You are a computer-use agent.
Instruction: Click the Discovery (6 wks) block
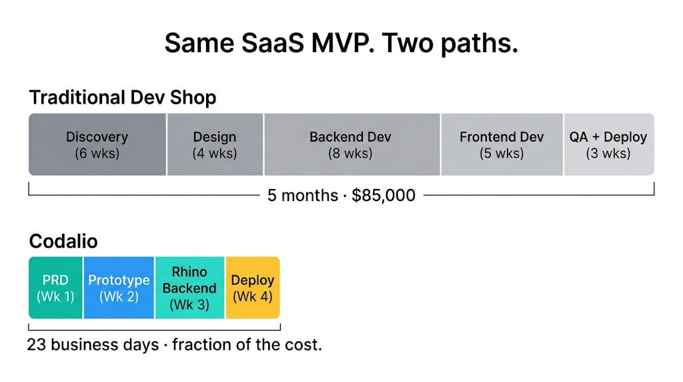coord(97,144)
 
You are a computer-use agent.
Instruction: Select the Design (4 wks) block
coord(215,144)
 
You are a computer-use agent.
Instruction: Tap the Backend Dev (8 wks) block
coord(352,144)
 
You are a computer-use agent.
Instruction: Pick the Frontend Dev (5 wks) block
coord(502,144)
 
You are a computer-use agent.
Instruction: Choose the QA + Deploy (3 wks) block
coord(609,144)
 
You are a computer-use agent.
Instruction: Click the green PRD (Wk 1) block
coord(56,288)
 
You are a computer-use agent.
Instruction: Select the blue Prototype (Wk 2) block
coord(119,288)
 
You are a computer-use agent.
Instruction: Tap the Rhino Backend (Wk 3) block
coord(189,288)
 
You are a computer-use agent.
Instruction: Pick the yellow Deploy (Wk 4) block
coord(253,288)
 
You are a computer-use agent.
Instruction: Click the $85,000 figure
coord(384,196)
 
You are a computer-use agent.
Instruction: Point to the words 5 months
coord(303,196)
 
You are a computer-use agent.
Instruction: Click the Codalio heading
coord(63,241)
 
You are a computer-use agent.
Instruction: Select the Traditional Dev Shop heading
coord(123,98)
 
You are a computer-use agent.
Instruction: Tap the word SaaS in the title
coord(272,43)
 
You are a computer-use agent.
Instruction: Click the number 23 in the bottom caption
coord(37,345)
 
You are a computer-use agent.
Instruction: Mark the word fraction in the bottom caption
coord(201,345)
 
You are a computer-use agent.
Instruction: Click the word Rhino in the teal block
coord(189,272)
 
